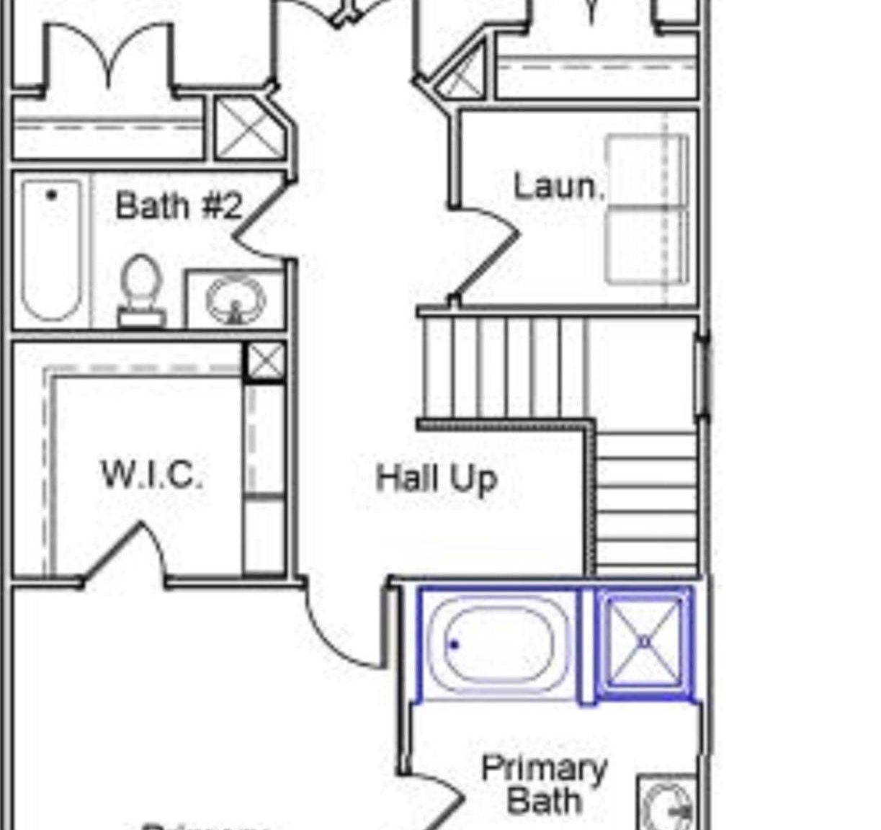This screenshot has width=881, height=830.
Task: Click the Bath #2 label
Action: pos(178,206)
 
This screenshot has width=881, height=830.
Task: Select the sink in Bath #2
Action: pos(234,299)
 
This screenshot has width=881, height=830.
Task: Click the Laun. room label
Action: pos(558,187)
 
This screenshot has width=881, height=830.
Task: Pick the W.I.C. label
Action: pos(152,475)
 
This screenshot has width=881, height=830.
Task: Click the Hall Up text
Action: pos(437,478)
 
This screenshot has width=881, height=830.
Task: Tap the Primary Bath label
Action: pos(544,785)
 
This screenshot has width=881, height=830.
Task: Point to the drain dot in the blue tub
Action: pos(454,645)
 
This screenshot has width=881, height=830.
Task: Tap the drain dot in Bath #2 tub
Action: pos(51,195)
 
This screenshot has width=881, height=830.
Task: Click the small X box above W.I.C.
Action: pos(265,362)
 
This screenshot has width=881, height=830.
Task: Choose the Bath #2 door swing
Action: pos(259,220)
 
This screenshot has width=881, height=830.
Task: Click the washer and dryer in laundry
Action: pos(647,209)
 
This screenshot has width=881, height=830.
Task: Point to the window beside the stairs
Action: pos(702,376)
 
